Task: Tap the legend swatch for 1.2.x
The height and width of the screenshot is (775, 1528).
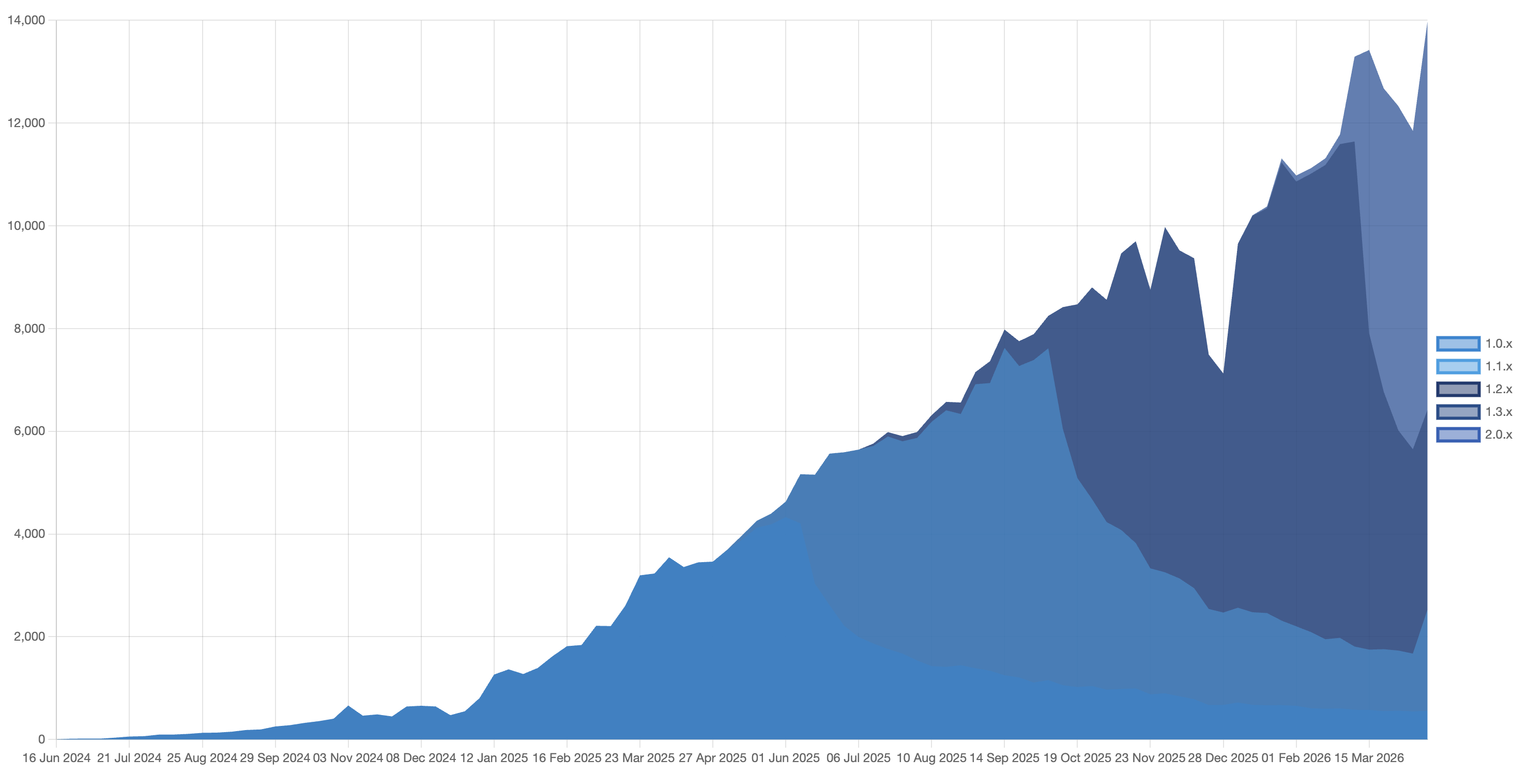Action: [1458, 389]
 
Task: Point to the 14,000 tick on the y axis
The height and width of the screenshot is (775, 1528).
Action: [26, 20]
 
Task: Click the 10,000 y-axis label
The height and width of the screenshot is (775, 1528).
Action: [26, 225]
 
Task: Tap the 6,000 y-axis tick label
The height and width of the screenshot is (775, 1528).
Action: [29, 431]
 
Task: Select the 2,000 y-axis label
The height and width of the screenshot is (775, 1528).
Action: [29, 636]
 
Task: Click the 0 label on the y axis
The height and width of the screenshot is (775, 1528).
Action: [41, 739]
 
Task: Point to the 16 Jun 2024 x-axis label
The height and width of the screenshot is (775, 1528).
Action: [56, 758]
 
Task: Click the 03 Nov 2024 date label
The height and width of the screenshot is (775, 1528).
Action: [348, 758]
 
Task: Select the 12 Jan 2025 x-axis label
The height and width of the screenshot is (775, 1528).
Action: [494, 758]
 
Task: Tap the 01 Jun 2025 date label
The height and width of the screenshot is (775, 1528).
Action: [785, 758]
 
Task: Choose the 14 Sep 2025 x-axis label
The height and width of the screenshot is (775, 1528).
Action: [1004, 758]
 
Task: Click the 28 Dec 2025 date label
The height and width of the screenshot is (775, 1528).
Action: [1223, 758]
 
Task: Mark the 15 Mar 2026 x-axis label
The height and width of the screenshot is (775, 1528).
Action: [1369, 758]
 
